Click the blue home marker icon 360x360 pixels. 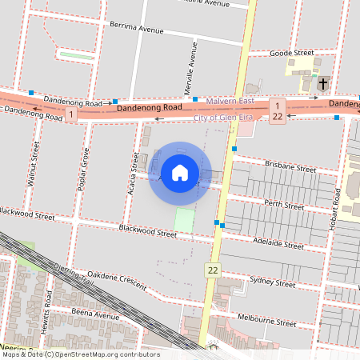pyautogui.click(x=180, y=172)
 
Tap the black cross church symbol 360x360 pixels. pyautogui.click(x=323, y=83)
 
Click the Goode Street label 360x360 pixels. pyautogui.click(x=292, y=53)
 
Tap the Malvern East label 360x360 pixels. pyautogui.click(x=230, y=101)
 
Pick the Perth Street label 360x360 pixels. pyautogui.click(x=284, y=206)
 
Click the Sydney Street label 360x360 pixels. pyautogui.click(x=273, y=282)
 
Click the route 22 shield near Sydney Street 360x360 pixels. pyautogui.click(x=212, y=270)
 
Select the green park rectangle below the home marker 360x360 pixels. pyautogui.click(x=184, y=220)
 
